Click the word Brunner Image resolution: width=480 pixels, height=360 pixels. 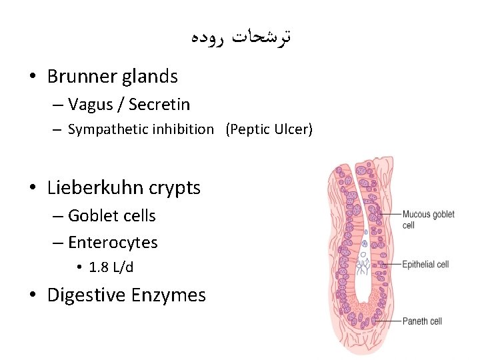(x=82, y=77)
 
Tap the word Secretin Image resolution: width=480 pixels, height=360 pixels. (x=159, y=105)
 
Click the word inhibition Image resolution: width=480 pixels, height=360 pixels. (x=181, y=129)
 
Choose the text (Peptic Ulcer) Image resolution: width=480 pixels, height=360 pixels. (x=269, y=129)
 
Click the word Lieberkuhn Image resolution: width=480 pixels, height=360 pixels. (x=99, y=188)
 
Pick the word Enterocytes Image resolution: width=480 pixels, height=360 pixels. (x=113, y=243)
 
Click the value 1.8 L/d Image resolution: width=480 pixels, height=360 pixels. (x=111, y=267)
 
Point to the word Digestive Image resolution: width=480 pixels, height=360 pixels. (x=88, y=295)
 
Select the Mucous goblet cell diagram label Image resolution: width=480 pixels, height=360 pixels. (x=428, y=219)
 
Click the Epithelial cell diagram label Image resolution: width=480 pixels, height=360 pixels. (x=425, y=265)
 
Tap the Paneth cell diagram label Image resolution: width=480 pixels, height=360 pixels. (x=422, y=321)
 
